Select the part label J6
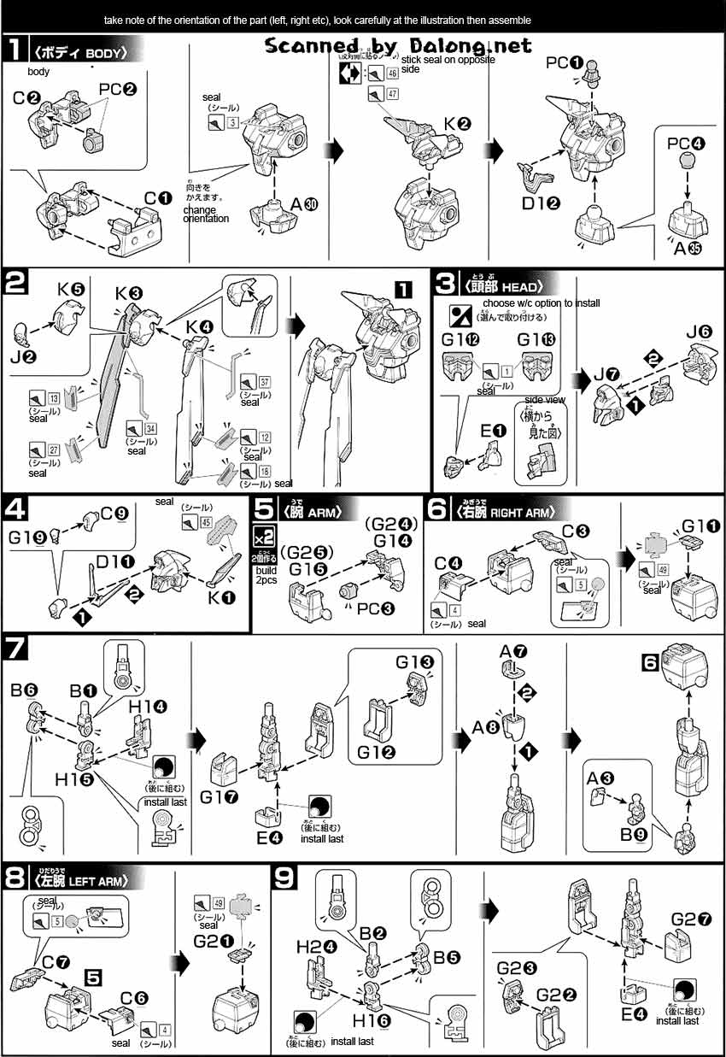point(697,332)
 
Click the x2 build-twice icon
point(264,537)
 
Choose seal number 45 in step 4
point(197,520)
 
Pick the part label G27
point(692,919)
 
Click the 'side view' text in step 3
point(544,399)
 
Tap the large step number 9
point(284,879)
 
